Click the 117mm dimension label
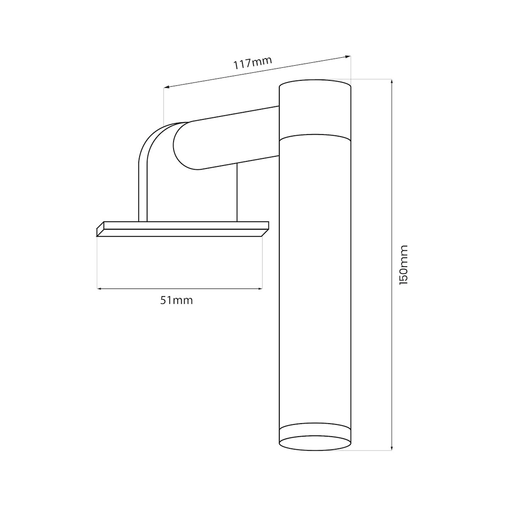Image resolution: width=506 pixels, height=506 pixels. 252,63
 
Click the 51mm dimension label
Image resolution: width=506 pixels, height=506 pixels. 177,301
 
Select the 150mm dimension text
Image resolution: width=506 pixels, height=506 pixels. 404,265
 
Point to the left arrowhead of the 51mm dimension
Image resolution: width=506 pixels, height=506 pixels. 99,288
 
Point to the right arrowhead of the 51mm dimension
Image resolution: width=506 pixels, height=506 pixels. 260,288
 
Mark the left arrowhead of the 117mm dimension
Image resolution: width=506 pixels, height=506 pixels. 166,87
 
